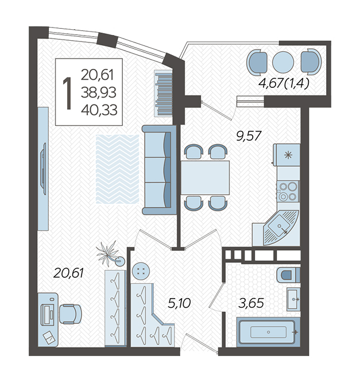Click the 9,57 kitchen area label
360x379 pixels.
click(249, 136)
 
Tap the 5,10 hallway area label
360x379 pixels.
click(179, 303)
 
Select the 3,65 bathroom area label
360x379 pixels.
click(250, 303)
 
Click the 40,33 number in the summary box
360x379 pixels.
click(99, 110)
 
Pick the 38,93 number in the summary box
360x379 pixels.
click(99, 92)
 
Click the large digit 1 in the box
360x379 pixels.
click(67, 94)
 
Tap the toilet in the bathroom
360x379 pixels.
click(288, 275)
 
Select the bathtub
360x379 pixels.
click(268, 332)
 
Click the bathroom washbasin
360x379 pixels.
click(293, 299)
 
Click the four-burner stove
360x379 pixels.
click(288, 191)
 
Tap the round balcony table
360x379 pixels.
click(283, 62)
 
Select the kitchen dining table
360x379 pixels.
click(205, 177)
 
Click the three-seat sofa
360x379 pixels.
click(159, 169)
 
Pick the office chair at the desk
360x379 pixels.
click(70, 314)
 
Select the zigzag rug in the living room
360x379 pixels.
click(117, 169)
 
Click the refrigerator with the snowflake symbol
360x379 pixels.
click(287, 154)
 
